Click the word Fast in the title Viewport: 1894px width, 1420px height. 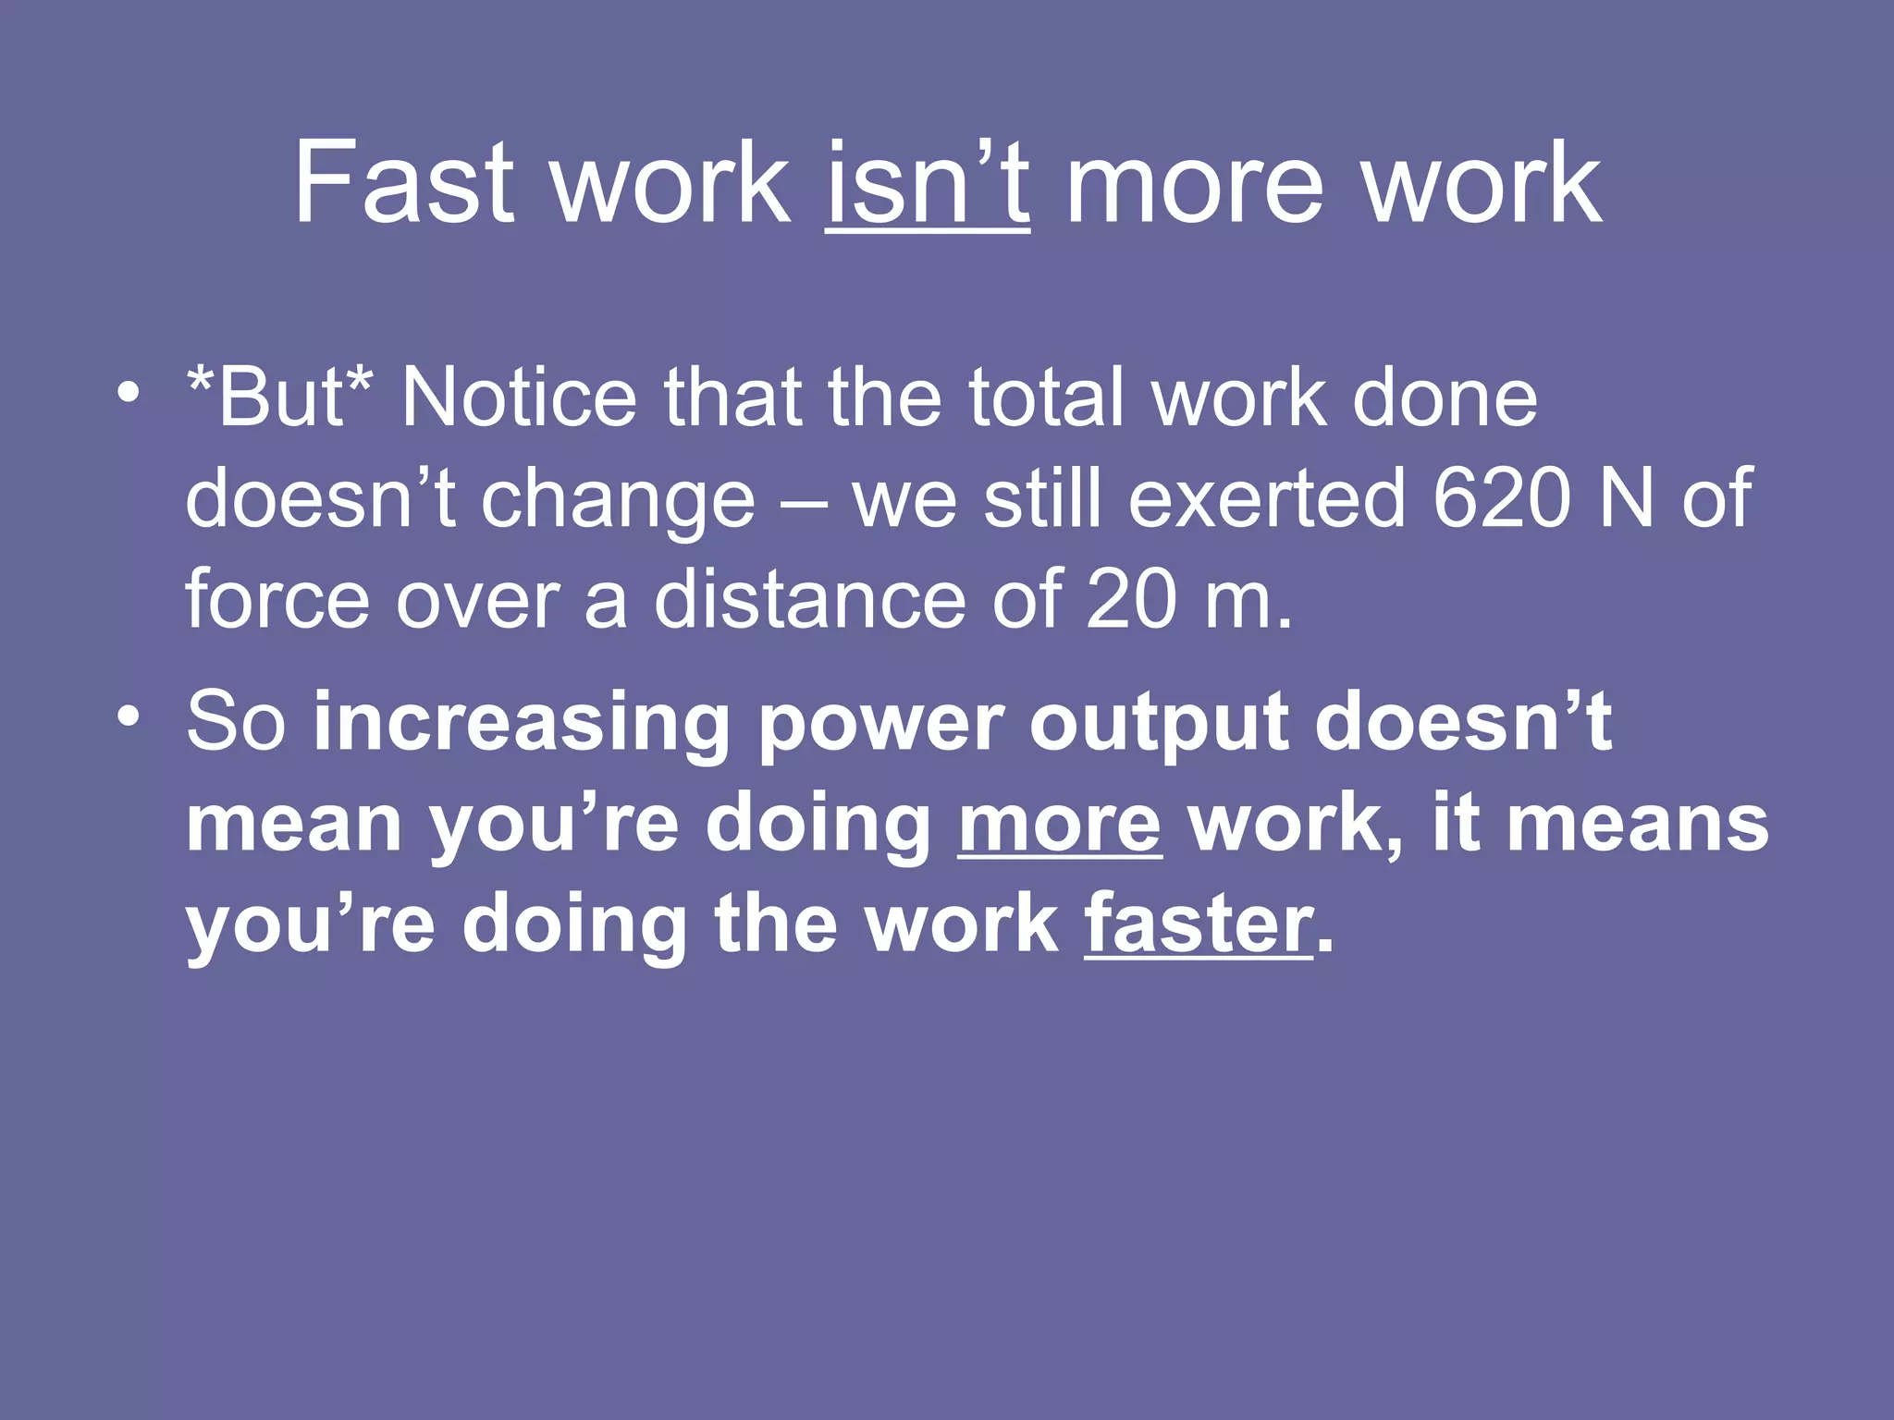[x=403, y=182]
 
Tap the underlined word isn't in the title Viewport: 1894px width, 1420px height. [x=928, y=182]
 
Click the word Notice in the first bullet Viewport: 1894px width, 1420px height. [x=518, y=398]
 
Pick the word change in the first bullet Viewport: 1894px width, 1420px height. [x=618, y=500]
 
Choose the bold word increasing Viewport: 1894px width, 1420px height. [x=523, y=723]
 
